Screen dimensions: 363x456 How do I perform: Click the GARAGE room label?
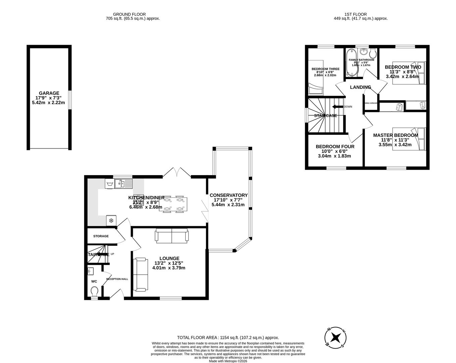[49, 93]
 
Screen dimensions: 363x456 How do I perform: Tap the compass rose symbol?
[335, 337]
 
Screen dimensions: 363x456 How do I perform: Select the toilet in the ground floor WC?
[94, 290]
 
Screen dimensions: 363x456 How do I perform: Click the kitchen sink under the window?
[123, 184]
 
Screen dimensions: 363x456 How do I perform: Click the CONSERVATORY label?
[228, 195]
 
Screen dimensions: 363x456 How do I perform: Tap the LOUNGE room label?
[169, 258]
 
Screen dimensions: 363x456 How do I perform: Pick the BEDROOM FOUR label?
[335, 147]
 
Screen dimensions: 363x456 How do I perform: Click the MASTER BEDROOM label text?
[396, 135]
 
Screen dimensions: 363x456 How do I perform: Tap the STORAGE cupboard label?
[101, 236]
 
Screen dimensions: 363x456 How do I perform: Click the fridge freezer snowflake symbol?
[111, 220]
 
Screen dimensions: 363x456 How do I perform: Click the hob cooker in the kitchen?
[139, 200]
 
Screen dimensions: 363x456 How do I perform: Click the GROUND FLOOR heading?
[129, 14]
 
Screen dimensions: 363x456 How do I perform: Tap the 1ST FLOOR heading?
[355, 14]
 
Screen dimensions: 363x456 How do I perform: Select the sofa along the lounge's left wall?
[140, 274]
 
